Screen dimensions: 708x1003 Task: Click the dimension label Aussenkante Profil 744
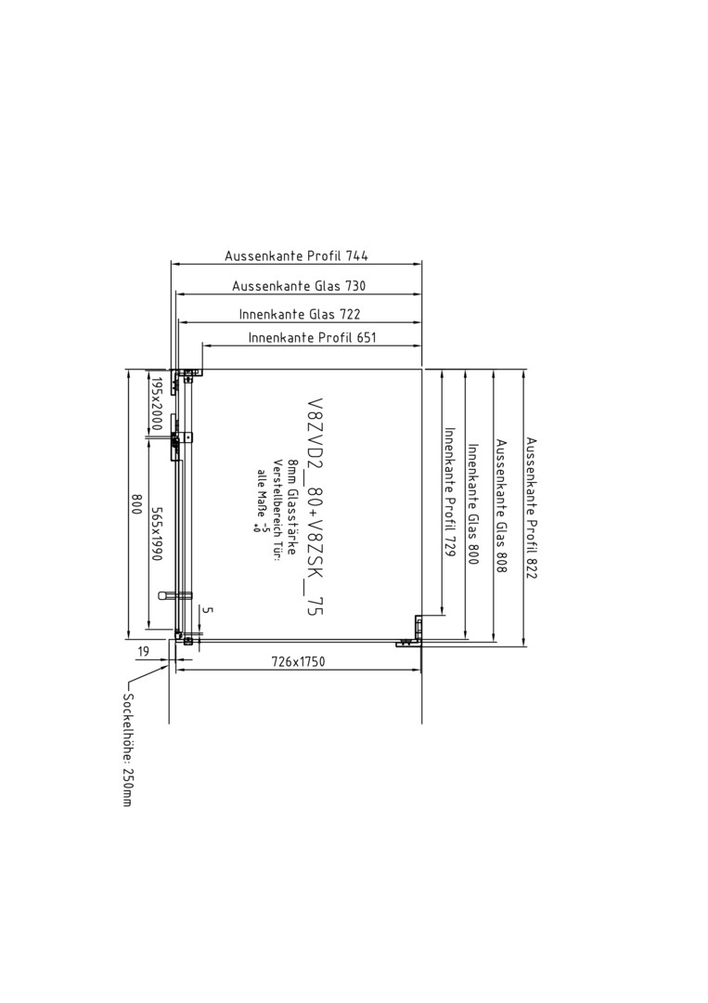297,256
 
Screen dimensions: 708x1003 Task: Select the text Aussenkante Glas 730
299,286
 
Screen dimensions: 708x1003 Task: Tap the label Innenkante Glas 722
300,314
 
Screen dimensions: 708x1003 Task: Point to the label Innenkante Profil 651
313,337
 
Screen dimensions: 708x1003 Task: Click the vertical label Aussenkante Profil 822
532,508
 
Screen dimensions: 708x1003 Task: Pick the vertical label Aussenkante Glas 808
502,506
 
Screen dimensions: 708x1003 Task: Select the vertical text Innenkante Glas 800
473,504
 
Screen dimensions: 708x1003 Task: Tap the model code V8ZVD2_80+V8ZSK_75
315,508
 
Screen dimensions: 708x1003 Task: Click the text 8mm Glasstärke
291,507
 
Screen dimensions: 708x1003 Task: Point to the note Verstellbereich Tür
277,510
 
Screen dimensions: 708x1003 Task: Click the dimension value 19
143,651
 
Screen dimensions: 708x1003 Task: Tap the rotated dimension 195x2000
157,404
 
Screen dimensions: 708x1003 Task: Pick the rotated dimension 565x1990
155,534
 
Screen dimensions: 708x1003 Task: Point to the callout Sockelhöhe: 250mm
127,749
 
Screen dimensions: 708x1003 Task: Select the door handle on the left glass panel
174,595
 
